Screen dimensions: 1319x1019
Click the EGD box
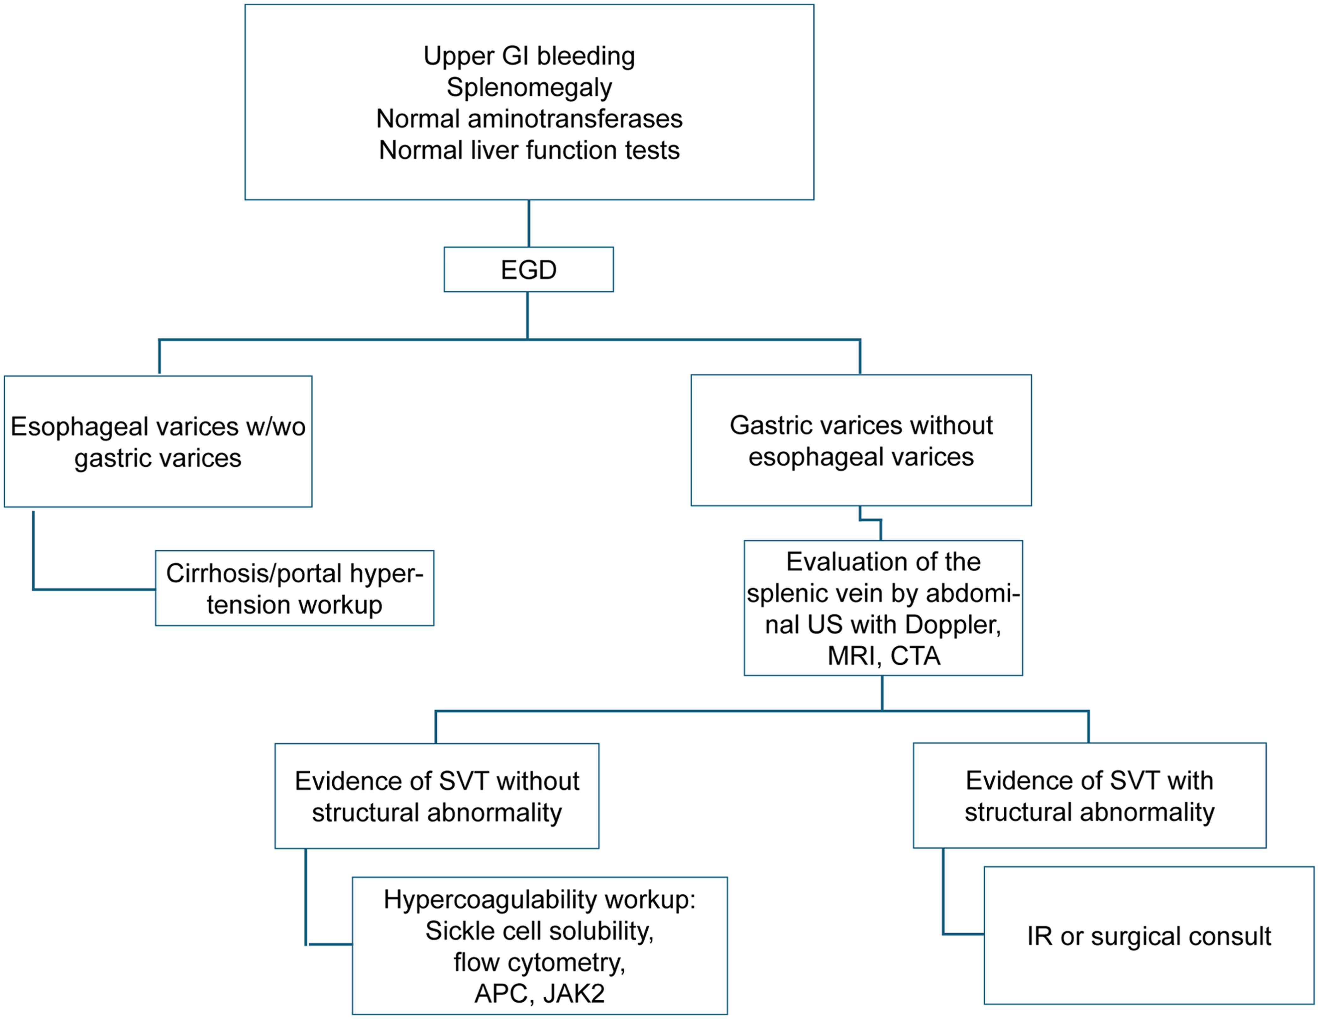528,269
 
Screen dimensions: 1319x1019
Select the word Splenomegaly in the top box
529,87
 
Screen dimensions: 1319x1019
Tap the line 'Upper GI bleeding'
529,56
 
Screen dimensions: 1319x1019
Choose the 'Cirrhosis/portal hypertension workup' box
295,588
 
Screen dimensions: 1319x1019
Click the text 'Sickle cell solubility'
539,931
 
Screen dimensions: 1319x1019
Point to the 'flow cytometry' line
539,962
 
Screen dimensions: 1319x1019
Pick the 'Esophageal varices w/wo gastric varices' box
158,441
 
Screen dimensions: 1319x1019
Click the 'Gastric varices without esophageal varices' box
861,440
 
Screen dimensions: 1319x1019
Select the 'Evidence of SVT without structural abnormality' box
437,796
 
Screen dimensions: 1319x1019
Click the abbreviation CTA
915,656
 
